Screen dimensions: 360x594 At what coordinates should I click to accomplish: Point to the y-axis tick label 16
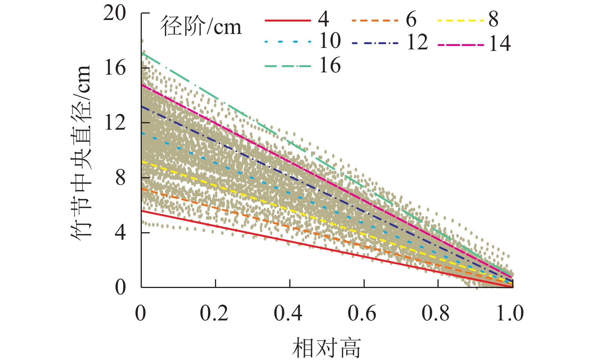(x=115, y=68)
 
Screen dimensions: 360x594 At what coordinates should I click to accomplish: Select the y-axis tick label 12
(x=115, y=123)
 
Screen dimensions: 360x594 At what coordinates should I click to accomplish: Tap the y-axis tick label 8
(x=120, y=178)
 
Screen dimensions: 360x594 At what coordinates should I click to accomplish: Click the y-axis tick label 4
(x=120, y=233)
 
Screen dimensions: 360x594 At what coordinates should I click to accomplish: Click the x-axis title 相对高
(x=327, y=348)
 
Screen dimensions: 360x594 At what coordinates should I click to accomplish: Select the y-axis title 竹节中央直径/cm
(x=81, y=151)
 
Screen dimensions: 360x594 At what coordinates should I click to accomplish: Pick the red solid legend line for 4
(x=288, y=20)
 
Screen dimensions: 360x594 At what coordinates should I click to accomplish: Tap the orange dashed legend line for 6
(x=375, y=20)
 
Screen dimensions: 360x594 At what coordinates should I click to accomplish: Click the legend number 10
(x=330, y=41)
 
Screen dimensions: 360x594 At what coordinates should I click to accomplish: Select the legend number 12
(x=417, y=42)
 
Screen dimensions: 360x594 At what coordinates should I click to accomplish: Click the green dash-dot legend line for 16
(x=288, y=66)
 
